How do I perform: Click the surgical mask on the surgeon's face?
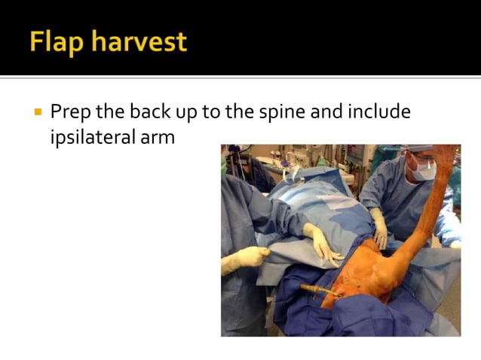423,172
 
